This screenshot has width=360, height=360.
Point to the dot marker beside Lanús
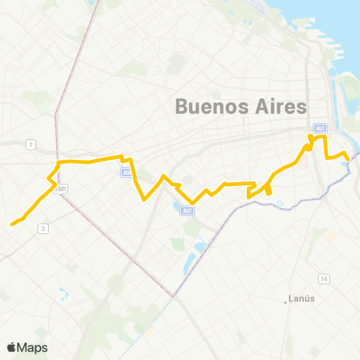pyautogui.click(x=286, y=301)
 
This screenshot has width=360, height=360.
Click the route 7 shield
pyautogui.click(x=31, y=145)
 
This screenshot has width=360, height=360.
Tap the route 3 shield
pyautogui.click(x=43, y=229)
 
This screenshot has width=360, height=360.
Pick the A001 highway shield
pyautogui.click(x=61, y=189)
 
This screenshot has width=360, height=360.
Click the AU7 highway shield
pyautogui.click(x=187, y=210)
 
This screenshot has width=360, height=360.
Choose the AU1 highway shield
pyautogui.click(x=320, y=128)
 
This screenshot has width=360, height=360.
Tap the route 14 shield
pyautogui.click(x=324, y=279)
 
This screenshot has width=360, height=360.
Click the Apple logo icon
pyautogui.click(x=11, y=347)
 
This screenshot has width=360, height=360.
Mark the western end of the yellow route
pyautogui.click(x=11, y=223)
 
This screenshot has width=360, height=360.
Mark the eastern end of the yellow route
pyautogui.click(x=349, y=157)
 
